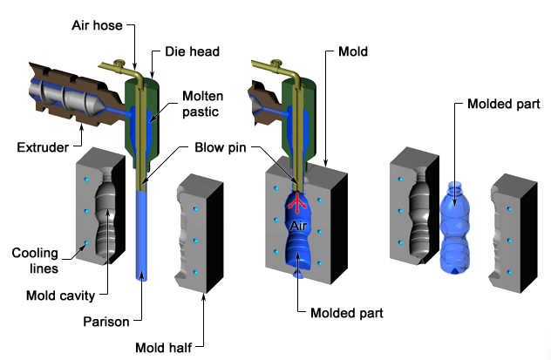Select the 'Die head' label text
[188, 52]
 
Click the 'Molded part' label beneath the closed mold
[328, 311]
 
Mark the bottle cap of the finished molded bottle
[454, 187]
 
